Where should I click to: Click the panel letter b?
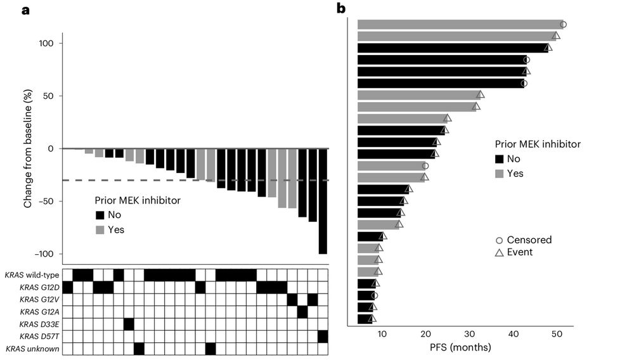(x=341, y=8)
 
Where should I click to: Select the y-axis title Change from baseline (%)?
(x=28, y=149)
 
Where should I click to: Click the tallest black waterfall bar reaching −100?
(x=323, y=201)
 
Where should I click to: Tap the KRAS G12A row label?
(x=39, y=311)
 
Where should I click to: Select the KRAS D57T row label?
(x=39, y=336)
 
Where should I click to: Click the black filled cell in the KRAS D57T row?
(x=323, y=336)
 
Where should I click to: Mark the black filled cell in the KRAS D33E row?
(x=129, y=324)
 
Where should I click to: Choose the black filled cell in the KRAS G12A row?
(x=302, y=311)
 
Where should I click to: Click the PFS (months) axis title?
(x=465, y=347)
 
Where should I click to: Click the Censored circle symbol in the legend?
(x=500, y=240)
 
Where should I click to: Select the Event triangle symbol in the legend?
(x=500, y=252)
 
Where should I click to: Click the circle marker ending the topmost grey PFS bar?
(x=563, y=25)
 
